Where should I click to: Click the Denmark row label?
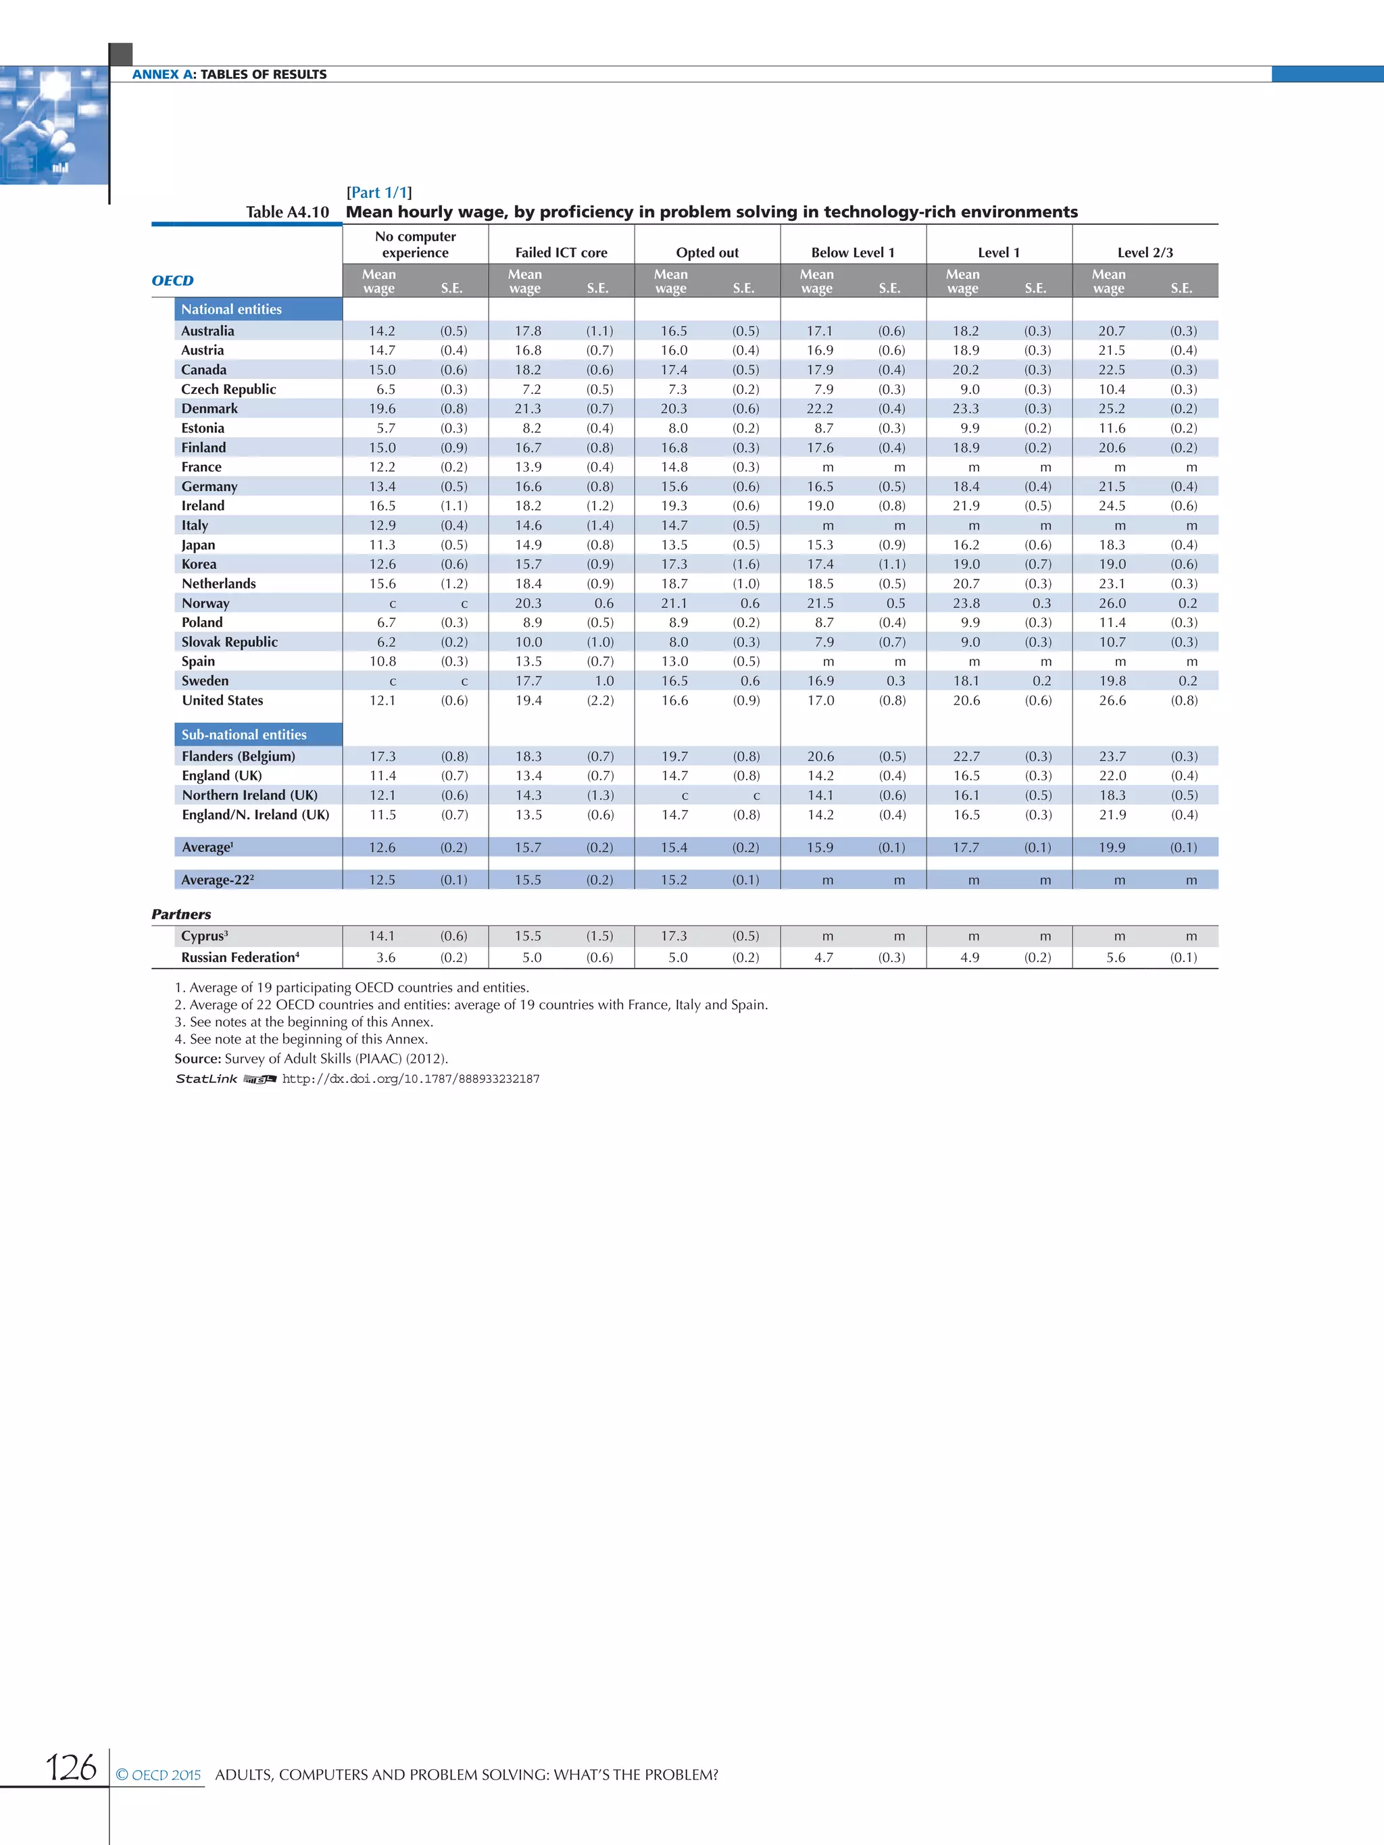tap(209, 409)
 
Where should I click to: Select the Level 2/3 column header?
tap(1145, 253)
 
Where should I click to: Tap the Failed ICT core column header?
tap(561, 253)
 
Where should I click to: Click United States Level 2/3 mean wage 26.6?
tap(1112, 701)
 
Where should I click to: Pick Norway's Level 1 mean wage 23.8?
tap(966, 603)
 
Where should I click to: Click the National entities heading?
tap(231, 309)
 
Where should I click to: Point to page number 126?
tap(71, 1767)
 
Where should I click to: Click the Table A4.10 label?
tap(287, 213)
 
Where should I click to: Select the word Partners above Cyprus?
tap(181, 914)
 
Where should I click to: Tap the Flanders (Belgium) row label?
tap(238, 757)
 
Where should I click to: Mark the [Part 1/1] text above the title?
tap(378, 193)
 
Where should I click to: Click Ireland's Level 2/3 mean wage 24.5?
tap(1112, 506)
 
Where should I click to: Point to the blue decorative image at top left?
tap(53, 125)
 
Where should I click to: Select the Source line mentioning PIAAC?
tap(311, 1059)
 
